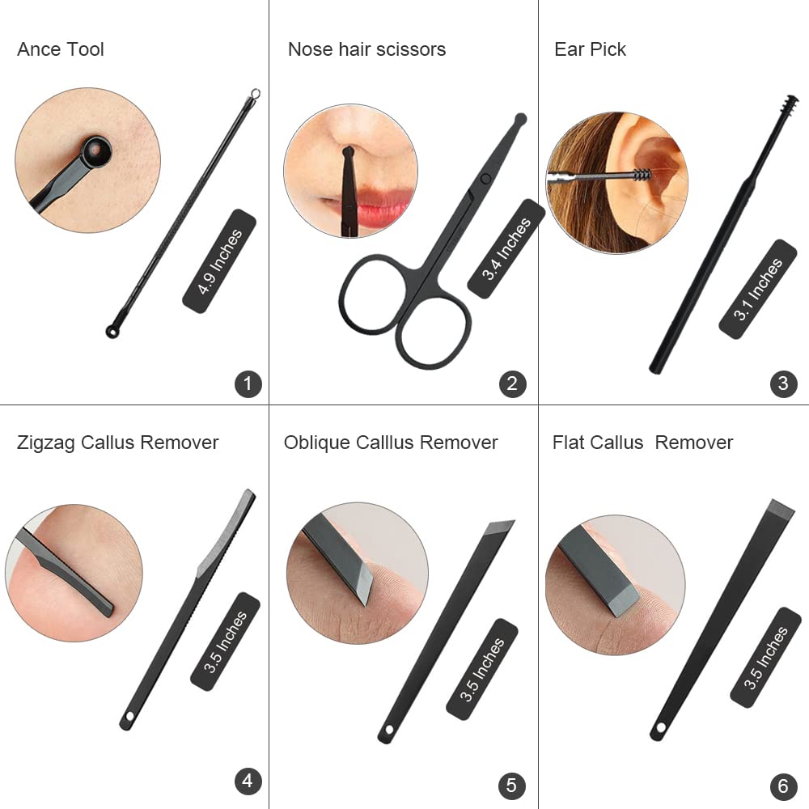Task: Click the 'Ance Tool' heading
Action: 61,49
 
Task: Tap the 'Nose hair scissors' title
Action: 366,49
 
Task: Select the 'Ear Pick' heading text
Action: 590,49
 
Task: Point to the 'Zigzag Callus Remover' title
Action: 117,443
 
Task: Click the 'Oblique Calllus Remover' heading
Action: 391,443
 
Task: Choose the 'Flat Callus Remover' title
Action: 642,443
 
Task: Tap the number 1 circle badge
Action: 248,383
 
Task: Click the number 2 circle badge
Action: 512,383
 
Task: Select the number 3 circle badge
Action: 783,383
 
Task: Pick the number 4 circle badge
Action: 248,781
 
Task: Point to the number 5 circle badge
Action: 512,786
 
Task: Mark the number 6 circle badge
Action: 783,786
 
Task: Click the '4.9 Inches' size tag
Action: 220,261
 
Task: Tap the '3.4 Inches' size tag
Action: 506,248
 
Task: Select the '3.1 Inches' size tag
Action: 757,289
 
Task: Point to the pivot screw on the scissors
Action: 485,179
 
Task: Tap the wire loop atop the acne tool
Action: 255,95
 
